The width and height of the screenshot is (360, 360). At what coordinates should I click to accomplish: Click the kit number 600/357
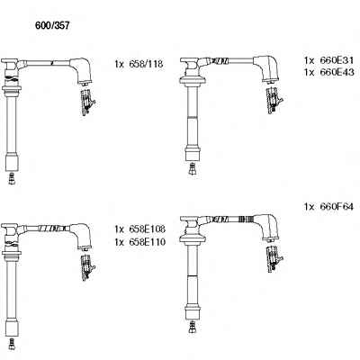point(52,26)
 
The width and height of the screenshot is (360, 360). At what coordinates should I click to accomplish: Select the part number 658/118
point(146,64)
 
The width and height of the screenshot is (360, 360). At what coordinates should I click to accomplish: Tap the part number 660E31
point(337,60)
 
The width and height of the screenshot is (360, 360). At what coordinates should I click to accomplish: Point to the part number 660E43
point(337,72)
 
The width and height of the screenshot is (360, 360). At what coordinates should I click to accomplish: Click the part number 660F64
point(337,207)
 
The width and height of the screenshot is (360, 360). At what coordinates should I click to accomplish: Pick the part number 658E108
point(147,229)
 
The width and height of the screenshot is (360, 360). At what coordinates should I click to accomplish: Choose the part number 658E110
point(147,242)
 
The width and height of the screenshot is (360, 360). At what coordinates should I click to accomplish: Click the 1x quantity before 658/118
point(119,64)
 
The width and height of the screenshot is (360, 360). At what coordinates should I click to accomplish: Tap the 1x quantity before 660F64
point(309,207)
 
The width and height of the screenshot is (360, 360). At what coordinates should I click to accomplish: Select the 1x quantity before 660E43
point(309,73)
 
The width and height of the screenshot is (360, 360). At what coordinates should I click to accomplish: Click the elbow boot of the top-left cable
point(81,70)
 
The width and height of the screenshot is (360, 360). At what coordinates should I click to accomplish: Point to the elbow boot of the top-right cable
point(266,68)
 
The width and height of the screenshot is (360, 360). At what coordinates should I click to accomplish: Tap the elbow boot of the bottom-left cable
point(81,236)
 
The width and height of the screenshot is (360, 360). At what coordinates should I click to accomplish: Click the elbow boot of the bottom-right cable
point(266,227)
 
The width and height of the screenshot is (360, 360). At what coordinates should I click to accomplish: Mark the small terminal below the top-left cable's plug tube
point(12,178)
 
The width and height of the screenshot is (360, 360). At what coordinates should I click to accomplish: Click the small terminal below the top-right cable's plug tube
point(193,168)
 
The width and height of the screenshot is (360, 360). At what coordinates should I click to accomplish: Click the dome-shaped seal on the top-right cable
point(192,80)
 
